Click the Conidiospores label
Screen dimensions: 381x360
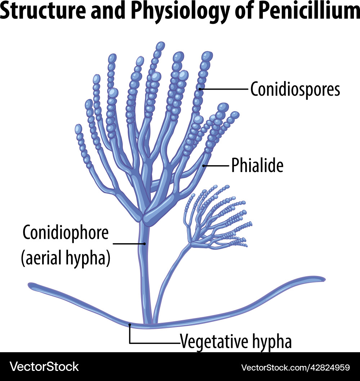295,89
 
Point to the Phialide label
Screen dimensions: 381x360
257,165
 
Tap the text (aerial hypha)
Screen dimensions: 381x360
66,259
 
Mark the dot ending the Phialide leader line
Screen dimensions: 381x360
204,165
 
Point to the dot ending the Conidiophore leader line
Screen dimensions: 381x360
144,244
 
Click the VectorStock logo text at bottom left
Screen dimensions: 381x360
44,367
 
